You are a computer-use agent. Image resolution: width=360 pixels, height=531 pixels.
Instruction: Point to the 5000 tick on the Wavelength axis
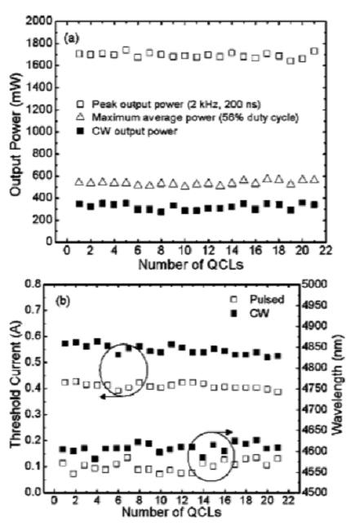coord(321,284)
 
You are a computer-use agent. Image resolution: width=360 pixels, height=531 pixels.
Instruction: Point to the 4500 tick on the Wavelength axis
coord(321,493)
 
